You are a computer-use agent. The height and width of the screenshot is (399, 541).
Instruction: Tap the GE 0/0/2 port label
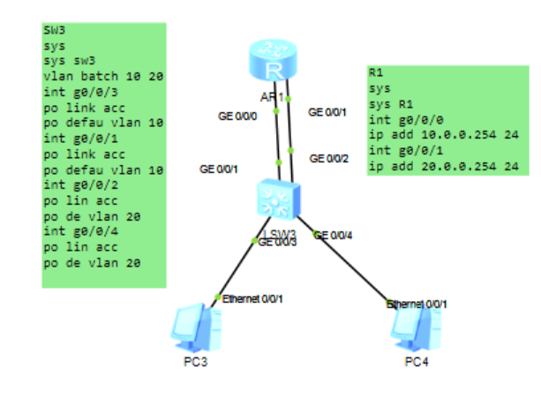click(328, 158)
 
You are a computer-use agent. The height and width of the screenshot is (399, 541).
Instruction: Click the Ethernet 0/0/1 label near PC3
click(252, 298)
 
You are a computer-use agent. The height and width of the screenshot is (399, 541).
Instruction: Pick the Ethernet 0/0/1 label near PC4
click(417, 304)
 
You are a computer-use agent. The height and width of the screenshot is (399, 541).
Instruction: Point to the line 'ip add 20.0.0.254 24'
click(444, 165)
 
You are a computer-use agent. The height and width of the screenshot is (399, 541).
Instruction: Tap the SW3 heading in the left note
click(54, 29)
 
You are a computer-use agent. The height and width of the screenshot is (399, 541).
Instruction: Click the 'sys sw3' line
click(63, 61)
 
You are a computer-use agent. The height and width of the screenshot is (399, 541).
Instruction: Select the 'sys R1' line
click(384, 103)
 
